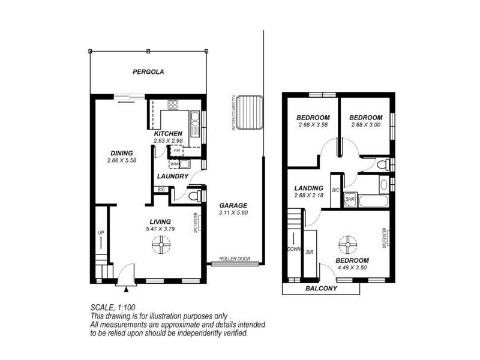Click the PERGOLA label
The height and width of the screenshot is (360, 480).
pos(148,72)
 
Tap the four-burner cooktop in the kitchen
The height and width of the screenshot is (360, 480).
pos(173,104)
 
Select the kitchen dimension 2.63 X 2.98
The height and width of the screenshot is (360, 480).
pos(168,140)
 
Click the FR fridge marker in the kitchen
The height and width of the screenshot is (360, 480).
pos(176,151)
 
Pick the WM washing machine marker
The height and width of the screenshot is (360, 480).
pos(173,164)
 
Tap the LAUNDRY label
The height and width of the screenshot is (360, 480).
pos(173,176)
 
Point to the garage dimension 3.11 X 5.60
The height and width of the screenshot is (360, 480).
pos(233,212)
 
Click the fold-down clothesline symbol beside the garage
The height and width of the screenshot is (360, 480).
pos(249,111)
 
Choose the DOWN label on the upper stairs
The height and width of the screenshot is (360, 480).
pos(295,248)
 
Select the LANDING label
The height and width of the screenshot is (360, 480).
pos(309,188)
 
